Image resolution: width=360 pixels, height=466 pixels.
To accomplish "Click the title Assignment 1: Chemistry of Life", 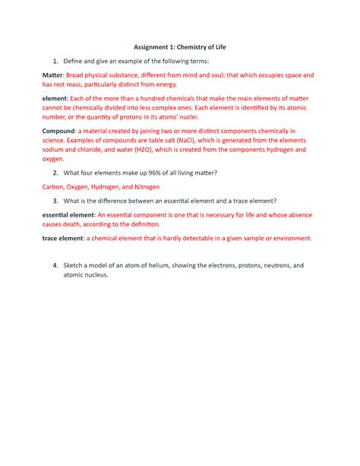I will tap(180, 47).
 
